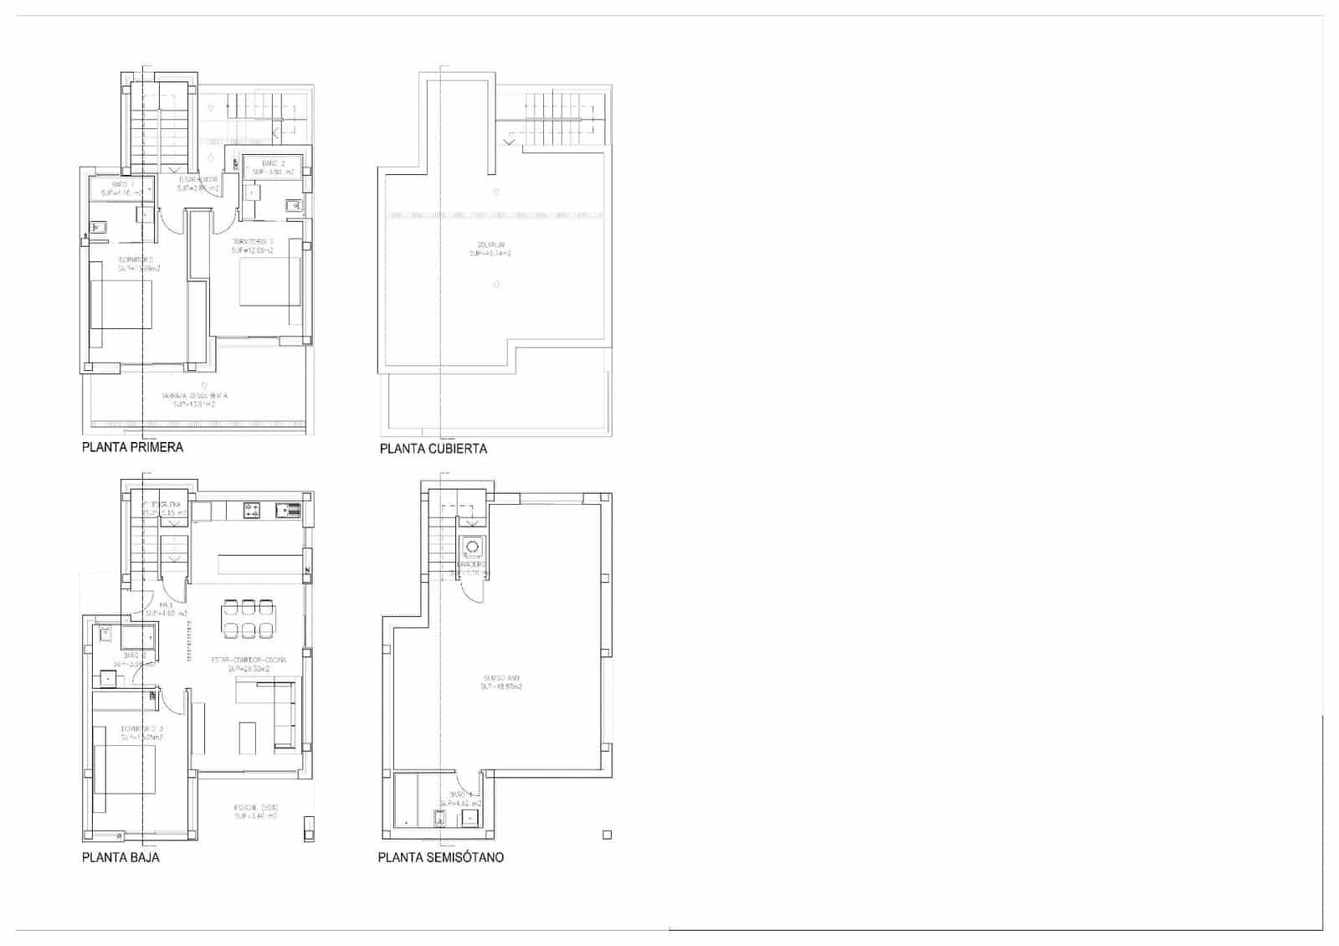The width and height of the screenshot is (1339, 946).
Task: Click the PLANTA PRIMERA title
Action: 132,447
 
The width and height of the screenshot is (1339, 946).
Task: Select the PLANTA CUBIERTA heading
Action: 433,449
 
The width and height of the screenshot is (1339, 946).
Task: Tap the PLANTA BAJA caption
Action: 121,857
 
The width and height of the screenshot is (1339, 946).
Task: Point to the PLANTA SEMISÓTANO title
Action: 440,857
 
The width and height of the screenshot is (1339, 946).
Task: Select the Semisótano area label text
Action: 501,682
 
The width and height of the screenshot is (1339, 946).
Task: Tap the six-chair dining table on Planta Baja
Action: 248,619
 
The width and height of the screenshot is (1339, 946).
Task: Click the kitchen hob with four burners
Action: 251,508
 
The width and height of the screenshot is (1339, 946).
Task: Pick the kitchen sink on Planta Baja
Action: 288,508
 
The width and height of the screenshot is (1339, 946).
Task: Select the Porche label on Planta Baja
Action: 255,811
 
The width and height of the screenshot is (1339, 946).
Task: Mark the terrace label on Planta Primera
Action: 194,399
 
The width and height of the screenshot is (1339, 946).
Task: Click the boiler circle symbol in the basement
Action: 472,547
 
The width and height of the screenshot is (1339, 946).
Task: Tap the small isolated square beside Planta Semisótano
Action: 607,835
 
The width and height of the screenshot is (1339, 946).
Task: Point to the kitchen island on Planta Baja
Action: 260,563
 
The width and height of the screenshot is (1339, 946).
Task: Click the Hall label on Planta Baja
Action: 166,609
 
